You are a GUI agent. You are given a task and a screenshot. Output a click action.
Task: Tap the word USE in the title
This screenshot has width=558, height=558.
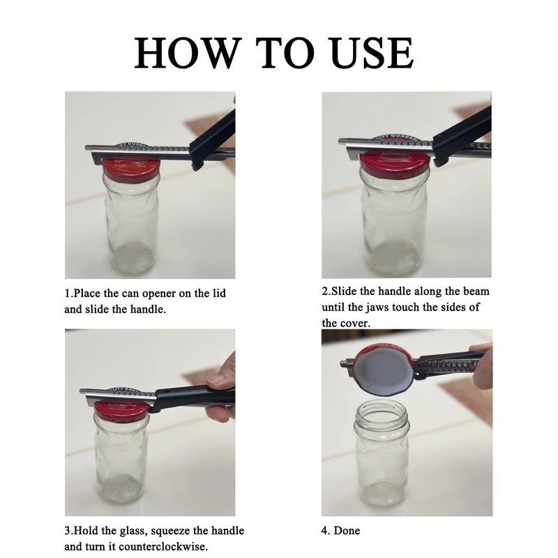click(372, 53)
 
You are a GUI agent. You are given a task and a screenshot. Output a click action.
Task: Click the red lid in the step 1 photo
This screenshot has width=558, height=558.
click(131, 168)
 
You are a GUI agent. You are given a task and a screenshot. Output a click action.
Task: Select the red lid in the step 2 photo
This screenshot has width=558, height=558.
click(394, 163)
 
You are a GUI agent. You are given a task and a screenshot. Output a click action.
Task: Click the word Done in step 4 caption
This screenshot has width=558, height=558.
click(347, 531)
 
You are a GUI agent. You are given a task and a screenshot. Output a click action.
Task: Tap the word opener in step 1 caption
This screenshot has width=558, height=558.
click(159, 294)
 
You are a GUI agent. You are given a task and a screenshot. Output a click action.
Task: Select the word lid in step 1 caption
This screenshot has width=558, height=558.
click(218, 293)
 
